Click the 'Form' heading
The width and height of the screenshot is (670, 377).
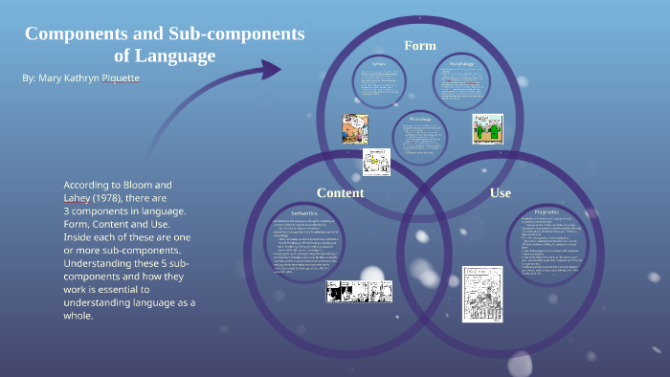coord(419,46)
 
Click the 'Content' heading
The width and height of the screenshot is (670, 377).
coord(340,192)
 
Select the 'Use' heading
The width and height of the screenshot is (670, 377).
coord(500,192)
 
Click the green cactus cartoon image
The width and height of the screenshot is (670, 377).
coord(487,128)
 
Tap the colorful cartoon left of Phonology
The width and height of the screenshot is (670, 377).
coord(355,128)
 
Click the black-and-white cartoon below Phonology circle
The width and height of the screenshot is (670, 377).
coord(377,161)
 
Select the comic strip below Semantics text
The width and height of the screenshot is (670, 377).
coord(359,291)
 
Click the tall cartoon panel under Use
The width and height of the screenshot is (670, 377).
coord(481,293)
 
